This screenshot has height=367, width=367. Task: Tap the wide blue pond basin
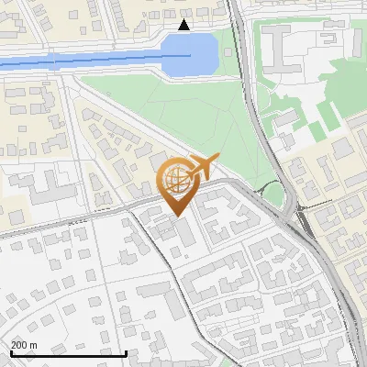tap(193, 54)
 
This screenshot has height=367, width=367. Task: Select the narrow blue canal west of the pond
tap(83, 62)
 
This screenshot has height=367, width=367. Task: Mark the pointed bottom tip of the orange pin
tap(176, 215)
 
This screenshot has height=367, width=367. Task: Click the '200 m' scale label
tap(24, 345)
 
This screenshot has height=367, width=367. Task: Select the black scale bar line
tap(68, 353)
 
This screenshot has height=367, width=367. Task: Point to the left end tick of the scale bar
tap(10, 351)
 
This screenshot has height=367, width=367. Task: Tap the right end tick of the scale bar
tap(126, 351)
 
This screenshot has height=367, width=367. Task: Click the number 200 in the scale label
tap(19, 345)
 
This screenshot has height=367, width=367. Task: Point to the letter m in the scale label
tap(34, 345)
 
